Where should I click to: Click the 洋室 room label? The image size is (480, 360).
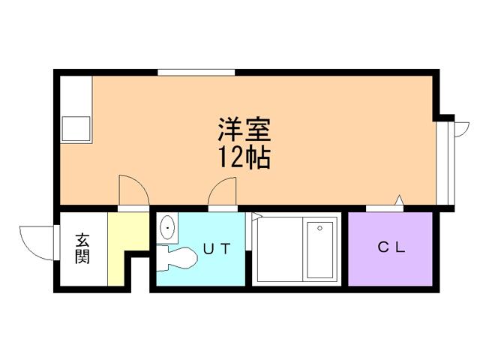pos(244,129)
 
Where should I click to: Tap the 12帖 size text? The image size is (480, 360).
pos(244,157)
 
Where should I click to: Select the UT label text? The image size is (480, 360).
pos(217,248)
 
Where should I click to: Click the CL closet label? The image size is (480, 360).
pos(391,247)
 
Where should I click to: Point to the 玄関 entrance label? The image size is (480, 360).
pos(82,248)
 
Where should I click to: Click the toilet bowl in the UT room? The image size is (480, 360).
pos(177,259)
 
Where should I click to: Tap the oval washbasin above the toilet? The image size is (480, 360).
pos(167,228)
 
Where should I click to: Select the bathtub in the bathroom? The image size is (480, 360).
pos(320,250)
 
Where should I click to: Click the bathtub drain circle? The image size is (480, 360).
pos(320,228)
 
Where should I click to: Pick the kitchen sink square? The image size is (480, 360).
pos(76,128)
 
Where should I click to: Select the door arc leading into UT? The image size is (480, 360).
pos(218,187)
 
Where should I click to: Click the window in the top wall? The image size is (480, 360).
pos(196,73)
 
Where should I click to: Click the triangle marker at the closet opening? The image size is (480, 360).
pos(399,200)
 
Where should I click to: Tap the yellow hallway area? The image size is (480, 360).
pos(122,241)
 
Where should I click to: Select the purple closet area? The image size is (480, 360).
pos(390,249)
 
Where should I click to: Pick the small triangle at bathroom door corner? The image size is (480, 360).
pos(256,216)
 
